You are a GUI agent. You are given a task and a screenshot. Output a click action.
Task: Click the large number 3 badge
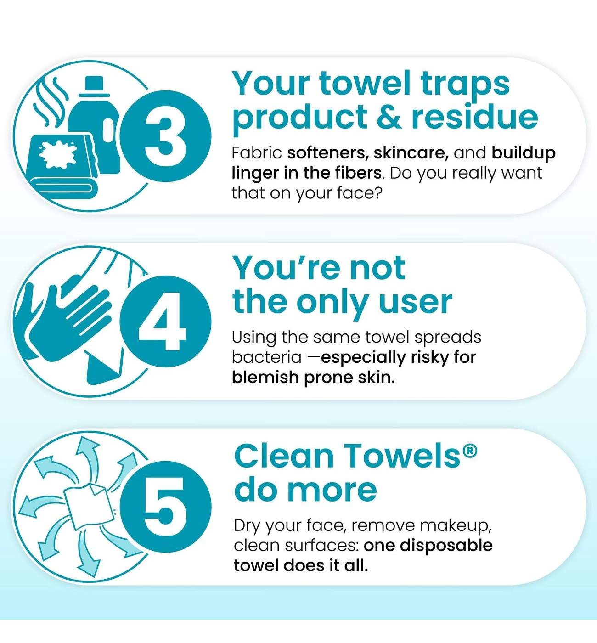tap(165, 136)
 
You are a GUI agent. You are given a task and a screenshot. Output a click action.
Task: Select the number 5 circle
tap(165, 507)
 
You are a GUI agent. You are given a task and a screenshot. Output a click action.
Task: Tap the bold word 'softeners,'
tap(328, 153)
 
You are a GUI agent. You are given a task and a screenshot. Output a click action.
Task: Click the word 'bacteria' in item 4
tap(266, 357)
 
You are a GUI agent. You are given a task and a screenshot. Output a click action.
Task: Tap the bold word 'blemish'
tap(265, 377)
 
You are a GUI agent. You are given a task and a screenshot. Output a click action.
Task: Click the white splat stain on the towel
tap(57, 154)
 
